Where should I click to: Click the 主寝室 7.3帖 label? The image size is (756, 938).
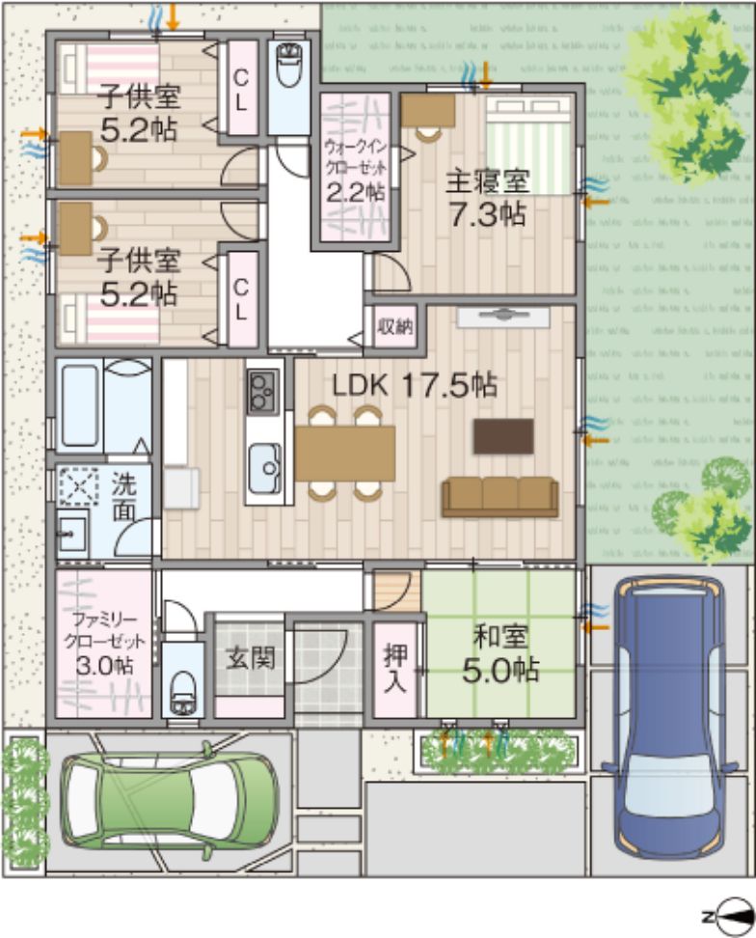click(x=487, y=197)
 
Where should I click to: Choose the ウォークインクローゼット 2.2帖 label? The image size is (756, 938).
click(x=355, y=170)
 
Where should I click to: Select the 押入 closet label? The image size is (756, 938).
click(x=395, y=666)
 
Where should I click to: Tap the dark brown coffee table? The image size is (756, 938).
click(x=503, y=436)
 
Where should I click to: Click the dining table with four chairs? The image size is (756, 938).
click(x=345, y=453)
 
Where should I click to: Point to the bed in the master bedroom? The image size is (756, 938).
click(x=528, y=145)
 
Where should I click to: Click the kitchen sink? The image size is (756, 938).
click(x=264, y=467)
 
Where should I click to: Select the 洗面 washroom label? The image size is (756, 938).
click(x=123, y=497)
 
